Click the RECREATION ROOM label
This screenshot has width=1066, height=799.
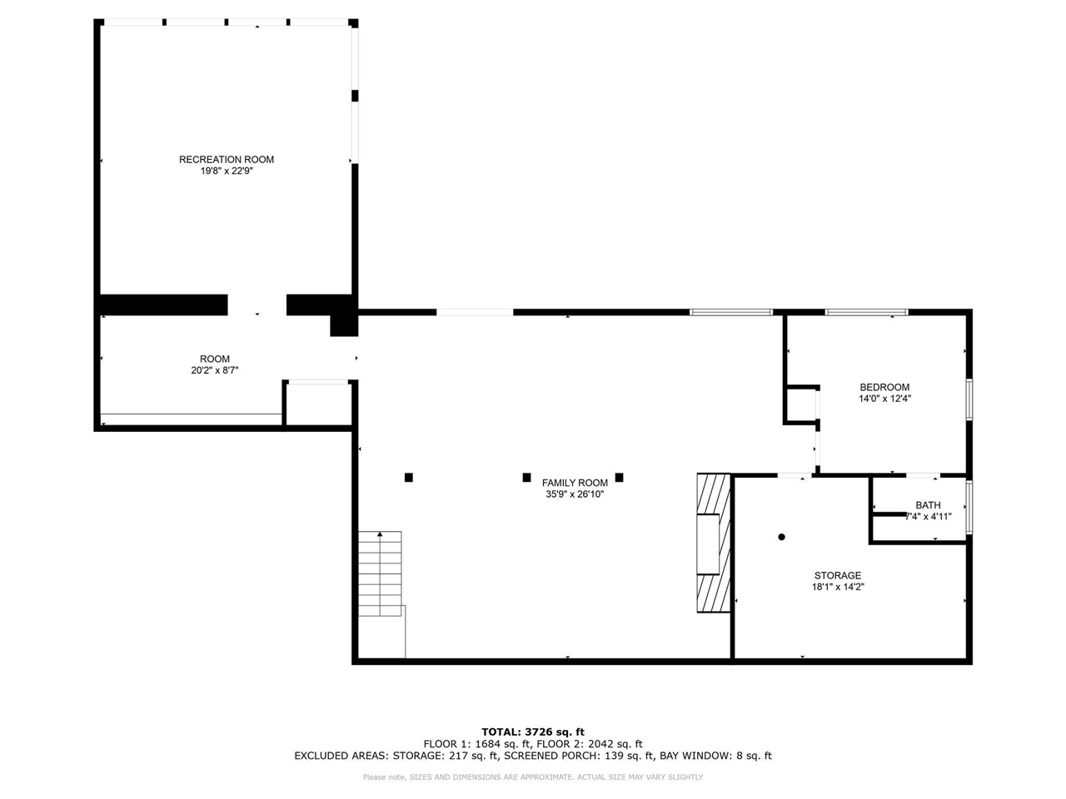tap(227, 160)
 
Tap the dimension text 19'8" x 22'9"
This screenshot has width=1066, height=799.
tap(227, 171)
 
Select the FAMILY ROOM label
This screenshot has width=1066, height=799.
tap(575, 483)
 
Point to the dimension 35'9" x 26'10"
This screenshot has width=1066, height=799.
tap(575, 494)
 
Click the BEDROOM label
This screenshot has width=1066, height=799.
tap(884, 387)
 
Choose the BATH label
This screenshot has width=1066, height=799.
tap(928, 505)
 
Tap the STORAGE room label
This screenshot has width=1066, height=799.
tap(838, 575)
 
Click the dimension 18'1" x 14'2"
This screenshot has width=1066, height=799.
tap(838, 587)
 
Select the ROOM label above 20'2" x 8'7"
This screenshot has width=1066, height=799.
tap(215, 359)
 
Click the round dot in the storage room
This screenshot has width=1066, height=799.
tap(781, 537)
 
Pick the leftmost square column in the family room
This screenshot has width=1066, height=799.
tap(409, 478)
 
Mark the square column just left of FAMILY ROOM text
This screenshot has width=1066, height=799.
tap(527, 478)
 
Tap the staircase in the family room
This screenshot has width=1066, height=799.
tap(380, 574)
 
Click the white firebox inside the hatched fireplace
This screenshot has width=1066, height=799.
tap(708, 544)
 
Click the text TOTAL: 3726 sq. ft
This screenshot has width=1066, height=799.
tap(533, 732)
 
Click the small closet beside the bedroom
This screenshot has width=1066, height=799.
tap(800, 405)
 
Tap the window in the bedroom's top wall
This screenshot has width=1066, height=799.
tap(866, 312)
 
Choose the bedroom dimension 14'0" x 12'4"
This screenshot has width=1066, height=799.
tap(884, 399)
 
